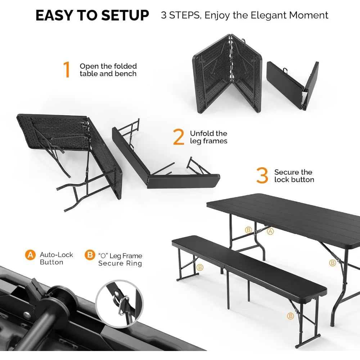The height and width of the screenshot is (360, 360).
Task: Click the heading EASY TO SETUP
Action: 92,15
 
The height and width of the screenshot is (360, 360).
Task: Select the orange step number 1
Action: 67,70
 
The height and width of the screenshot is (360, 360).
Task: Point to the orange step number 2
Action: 179,137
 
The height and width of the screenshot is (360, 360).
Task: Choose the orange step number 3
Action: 262,176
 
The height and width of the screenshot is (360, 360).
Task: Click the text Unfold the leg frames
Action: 209,138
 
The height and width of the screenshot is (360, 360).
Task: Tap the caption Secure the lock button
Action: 294,176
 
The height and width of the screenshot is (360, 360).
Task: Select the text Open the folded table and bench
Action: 108,70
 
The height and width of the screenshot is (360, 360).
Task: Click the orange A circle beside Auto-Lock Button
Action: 30,255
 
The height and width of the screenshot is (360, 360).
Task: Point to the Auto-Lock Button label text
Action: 56,258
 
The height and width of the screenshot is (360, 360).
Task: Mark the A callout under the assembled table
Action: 270,231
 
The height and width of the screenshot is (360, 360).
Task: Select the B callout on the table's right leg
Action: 332,263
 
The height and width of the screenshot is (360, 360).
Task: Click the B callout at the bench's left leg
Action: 200,267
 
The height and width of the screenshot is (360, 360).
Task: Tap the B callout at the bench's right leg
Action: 290,316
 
